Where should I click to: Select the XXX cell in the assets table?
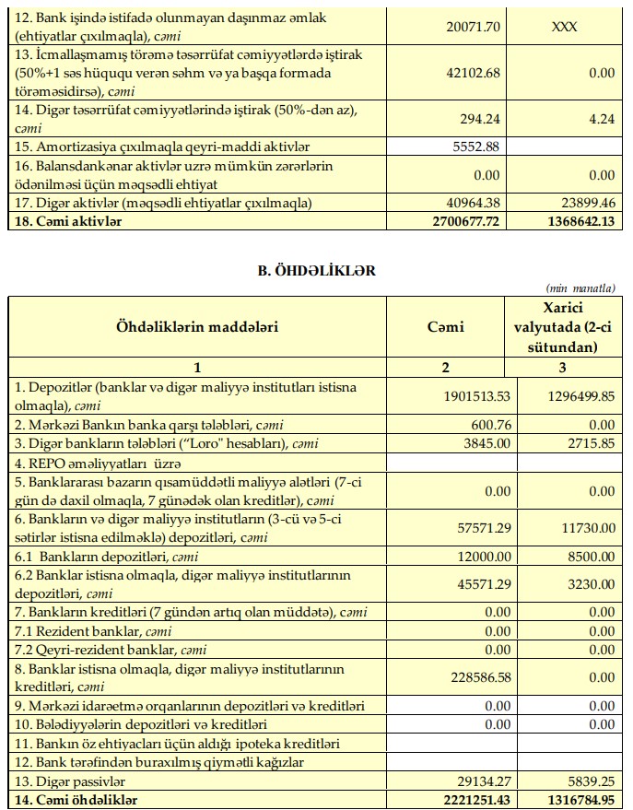564,26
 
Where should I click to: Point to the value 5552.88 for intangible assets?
475,147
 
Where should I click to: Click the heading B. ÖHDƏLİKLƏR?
316,271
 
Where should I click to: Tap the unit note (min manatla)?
580,288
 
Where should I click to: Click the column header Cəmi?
445,326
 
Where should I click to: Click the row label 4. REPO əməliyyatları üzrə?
95,462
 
